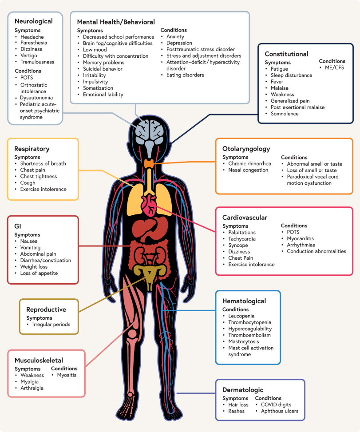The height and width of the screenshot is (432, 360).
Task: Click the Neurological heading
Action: pyautogui.click(x=33, y=21)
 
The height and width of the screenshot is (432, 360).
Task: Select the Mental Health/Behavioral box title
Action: pyautogui.click(x=116, y=22)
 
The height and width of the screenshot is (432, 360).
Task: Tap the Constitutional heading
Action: pyautogui.click(x=286, y=54)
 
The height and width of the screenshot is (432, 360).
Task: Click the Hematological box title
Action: pyautogui.click(x=244, y=301)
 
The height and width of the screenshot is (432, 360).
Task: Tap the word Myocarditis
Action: pyautogui.click(x=301, y=238)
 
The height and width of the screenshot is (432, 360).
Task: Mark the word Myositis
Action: pyautogui.click(x=67, y=375)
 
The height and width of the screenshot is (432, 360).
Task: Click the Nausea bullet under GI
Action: pyautogui.click(x=29, y=241)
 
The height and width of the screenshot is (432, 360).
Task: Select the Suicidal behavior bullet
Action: pyautogui.click(x=103, y=69)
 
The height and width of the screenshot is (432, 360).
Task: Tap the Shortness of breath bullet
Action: pyautogui.click(x=43, y=163)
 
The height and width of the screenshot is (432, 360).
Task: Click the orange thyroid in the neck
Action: pyautogui.click(x=150, y=164)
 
